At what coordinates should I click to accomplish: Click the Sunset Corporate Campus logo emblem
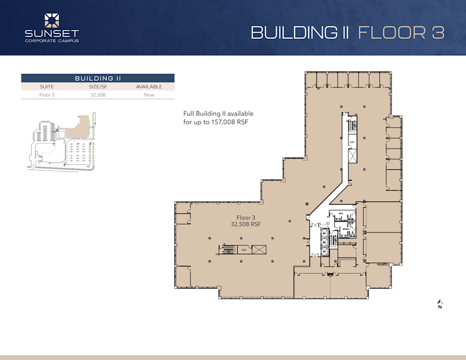click(x=52, y=21)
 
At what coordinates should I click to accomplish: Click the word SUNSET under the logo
click(x=52, y=34)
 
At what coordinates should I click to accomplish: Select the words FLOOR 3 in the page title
click(x=401, y=32)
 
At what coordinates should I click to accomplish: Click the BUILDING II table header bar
click(x=98, y=78)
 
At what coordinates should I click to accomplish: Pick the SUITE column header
click(x=47, y=87)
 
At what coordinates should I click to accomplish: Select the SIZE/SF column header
click(x=98, y=87)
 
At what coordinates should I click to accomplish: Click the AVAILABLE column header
click(x=149, y=87)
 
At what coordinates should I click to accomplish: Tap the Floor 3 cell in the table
click(x=47, y=95)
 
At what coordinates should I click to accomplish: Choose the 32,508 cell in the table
click(x=98, y=95)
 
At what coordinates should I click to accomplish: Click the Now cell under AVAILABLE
click(x=149, y=95)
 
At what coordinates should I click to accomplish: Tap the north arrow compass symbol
click(x=440, y=302)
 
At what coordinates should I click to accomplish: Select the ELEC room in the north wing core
click(x=352, y=141)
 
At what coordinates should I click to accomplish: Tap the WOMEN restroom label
click(x=346, y=228)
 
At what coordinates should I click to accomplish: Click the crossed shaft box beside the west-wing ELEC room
click(x=259, y=250)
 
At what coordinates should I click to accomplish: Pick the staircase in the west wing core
click(x=228, y=250)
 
